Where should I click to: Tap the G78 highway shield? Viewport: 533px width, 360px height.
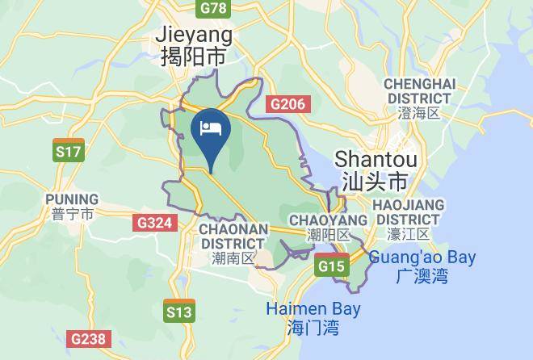(x=212, y=8)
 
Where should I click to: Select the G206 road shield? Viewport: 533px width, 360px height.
(x=287, y=104)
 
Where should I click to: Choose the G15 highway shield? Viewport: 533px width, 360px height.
(x=332, y=266)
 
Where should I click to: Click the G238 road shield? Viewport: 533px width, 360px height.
(x=87, y=339)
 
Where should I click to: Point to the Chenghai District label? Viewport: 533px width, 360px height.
(x=420, y=91)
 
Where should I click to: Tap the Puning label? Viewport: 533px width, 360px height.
(x=72, y=199)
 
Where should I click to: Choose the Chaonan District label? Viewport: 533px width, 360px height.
(x=233, y=236)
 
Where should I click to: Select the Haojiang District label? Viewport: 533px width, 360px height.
(x=407, y=211)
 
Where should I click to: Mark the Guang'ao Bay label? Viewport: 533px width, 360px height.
(x=422, y=258)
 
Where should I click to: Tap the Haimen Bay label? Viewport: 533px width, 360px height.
(x=313, y=309)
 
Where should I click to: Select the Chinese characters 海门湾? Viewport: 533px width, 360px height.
(x=313, y=328)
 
